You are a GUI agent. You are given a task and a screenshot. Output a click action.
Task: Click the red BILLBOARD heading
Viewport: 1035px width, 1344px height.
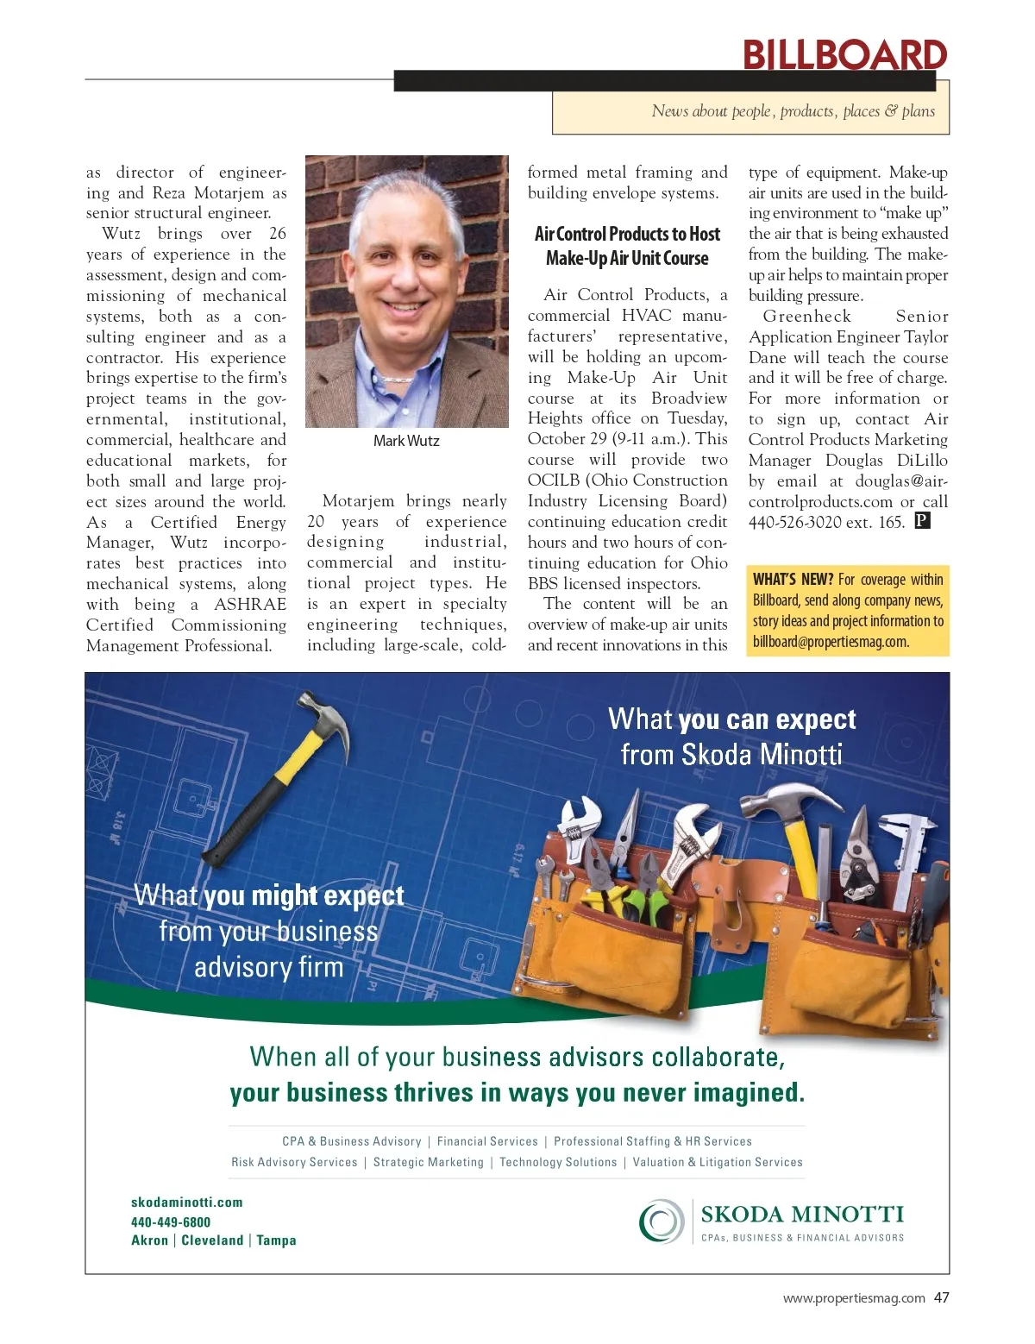[844, 55]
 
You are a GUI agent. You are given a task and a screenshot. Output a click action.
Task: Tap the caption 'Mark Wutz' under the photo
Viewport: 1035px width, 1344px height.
[406, 441]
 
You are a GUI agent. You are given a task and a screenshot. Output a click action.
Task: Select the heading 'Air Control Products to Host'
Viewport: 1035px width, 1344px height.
[627, 234]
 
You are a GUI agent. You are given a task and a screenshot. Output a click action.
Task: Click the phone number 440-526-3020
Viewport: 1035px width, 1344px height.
[796, 522]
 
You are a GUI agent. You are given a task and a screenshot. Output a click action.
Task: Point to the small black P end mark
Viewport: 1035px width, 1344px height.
[922, 520]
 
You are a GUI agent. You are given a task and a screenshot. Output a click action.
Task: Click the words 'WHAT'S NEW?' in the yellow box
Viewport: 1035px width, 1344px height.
[793, 580]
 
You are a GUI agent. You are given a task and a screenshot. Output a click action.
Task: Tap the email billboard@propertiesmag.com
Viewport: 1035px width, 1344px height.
[831, 641]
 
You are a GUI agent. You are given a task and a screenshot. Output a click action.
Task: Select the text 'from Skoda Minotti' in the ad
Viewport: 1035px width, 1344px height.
[731, 755]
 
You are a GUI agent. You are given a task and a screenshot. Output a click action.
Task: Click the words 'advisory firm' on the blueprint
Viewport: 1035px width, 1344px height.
[268, 967]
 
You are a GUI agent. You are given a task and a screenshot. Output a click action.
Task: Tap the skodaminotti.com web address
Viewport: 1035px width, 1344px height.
[187, 1203]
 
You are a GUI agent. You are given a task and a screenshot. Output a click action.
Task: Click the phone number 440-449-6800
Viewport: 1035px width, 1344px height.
[171, 1222]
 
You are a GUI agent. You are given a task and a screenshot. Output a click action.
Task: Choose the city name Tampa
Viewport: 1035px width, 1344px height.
[276, 1240]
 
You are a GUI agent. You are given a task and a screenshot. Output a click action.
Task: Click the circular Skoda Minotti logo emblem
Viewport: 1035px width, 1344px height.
[661, 1222]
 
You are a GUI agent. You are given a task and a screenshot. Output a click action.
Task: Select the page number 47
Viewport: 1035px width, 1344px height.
[941, 1297]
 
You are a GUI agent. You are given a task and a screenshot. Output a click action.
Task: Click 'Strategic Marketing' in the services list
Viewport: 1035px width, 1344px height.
[429, 1162]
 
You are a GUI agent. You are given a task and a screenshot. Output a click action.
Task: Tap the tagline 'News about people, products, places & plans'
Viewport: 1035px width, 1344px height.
[793, 111]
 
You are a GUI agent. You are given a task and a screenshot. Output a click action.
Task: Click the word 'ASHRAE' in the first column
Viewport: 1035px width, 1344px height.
[250, 604]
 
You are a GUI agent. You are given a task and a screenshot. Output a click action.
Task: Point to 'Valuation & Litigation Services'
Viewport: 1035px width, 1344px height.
[718, 1162]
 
